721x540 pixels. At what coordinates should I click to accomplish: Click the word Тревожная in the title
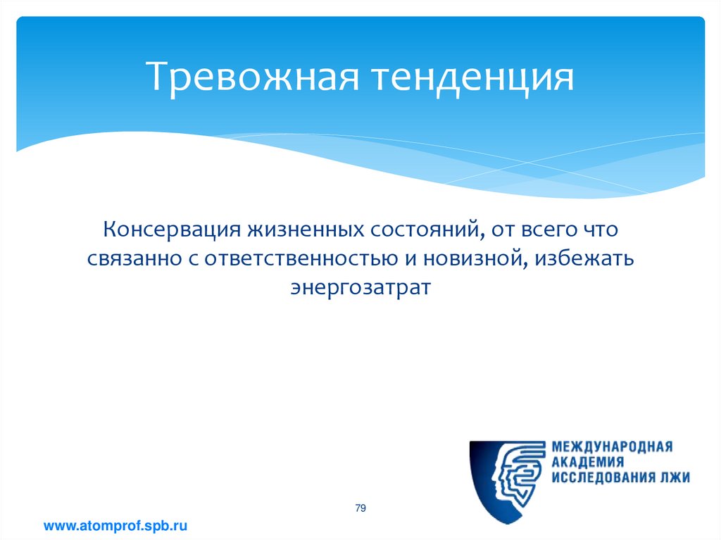pos(253,76)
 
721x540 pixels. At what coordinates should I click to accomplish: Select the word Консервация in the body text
pos(172,230)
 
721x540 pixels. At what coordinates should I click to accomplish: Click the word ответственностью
pos(301,259)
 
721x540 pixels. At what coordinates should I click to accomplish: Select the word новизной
pos(475,258)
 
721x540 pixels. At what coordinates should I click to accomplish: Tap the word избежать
pos(584,258)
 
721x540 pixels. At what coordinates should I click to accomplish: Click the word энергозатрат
pos(361,288)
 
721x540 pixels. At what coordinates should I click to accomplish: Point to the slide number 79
pos(360,508)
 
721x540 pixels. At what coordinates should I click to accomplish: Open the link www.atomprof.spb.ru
pos(115,526)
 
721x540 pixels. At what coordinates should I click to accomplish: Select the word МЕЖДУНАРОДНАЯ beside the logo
pos(612,446)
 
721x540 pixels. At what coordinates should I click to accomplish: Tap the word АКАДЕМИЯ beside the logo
pos(588,462)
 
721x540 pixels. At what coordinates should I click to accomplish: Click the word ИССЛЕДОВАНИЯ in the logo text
pos(603,477)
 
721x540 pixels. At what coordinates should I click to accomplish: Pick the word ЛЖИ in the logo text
pos(675,477)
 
